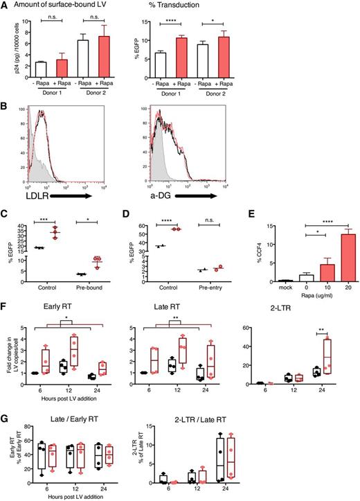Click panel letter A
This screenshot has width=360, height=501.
(x=6, y=6)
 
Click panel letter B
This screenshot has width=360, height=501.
(x=6, y=105)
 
